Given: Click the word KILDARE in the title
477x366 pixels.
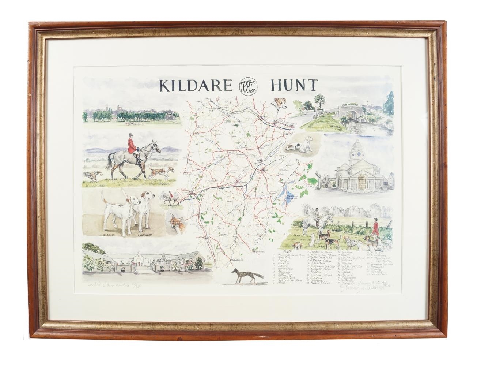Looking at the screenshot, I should (x=195, y=86).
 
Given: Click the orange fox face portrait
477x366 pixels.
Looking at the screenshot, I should (x=176, y=224).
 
